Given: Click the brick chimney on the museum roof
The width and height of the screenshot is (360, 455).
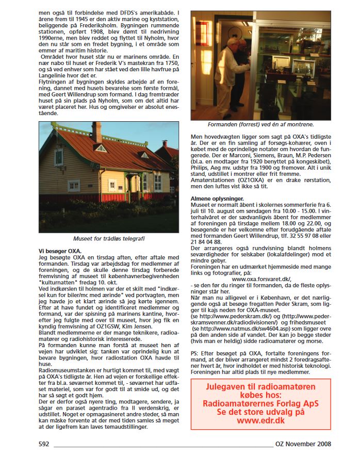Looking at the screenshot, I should [96, 132].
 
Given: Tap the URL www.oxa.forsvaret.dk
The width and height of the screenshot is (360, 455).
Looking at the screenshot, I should [260, 279].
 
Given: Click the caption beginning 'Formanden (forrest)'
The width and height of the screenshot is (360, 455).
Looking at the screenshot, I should [260, 124].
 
